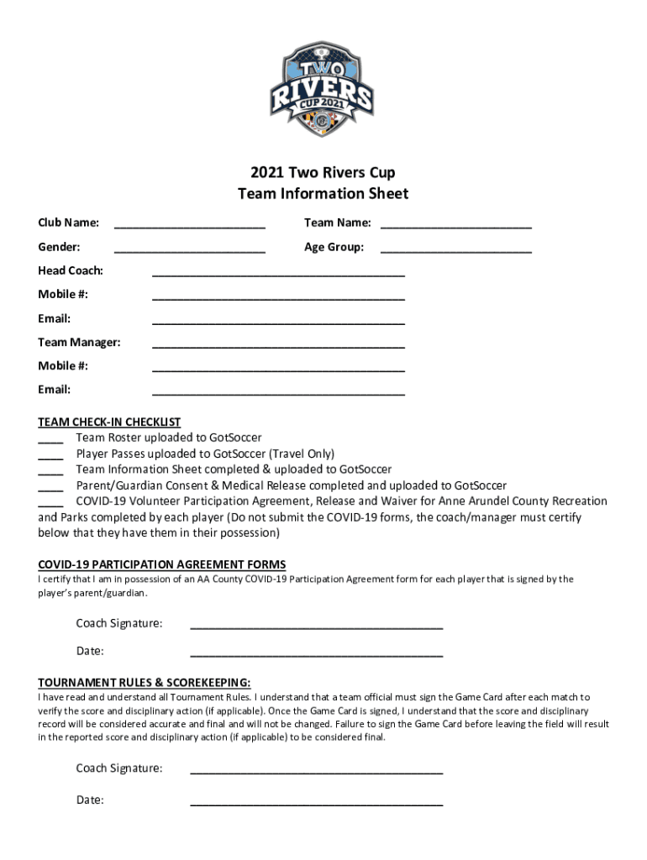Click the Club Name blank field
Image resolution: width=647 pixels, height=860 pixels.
(190, 225)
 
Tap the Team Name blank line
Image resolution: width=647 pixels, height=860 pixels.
(456, 225)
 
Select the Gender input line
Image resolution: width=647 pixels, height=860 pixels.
(190, 249)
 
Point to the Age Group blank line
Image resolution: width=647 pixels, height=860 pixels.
(456, 249)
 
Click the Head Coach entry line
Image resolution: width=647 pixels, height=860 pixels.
(278, 273)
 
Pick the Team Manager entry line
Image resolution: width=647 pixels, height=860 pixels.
(278, 344)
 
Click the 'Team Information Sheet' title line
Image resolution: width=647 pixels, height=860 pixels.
(323, 194)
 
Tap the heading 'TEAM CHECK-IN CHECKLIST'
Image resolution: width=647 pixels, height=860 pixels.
(109, 422)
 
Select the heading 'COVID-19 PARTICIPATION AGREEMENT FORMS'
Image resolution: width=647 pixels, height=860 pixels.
(162, 564)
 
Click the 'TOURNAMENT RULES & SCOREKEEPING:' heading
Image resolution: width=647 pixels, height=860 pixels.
(145, 682)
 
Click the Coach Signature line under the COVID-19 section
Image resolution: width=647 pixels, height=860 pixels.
(317, 626)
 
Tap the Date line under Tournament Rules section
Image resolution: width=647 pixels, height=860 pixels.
(317, 803)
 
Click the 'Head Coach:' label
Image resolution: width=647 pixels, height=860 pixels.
(71, 270)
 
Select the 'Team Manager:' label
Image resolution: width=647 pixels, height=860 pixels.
(79, 342)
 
